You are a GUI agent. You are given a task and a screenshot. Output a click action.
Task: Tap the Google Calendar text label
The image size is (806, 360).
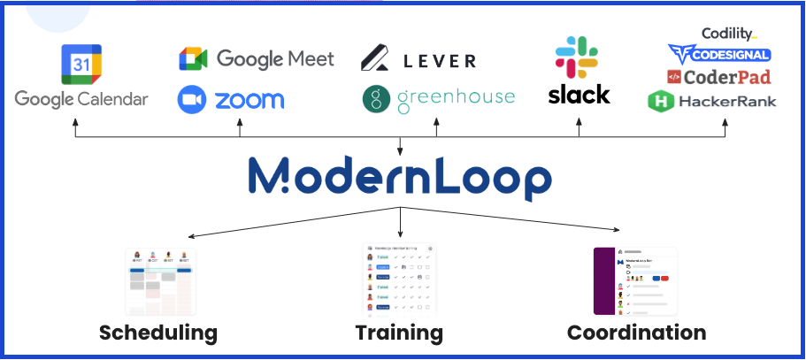[81, 98]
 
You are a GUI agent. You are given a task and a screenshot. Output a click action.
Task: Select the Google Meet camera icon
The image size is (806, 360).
[193, 59]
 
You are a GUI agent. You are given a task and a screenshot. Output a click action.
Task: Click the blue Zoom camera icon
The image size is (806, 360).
[191, 98]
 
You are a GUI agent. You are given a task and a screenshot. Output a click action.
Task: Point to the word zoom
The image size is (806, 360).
[249, 99]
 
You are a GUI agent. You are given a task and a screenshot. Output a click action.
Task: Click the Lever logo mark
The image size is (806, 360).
[377, 59]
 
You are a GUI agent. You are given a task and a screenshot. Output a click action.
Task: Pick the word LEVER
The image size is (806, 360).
[439, 60]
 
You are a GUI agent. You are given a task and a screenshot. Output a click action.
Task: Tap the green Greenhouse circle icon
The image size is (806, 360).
[377, 99]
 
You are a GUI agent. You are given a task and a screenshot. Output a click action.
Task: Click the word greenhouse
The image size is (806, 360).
[456, 97]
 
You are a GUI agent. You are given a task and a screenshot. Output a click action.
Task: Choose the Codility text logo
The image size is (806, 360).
[728, 34]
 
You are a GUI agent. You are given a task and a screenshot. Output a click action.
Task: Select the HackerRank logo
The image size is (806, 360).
[712, 101]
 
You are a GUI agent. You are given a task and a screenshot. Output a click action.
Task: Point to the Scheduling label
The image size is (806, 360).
[158, 333]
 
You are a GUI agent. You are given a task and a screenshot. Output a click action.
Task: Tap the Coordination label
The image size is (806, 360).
[636, 333]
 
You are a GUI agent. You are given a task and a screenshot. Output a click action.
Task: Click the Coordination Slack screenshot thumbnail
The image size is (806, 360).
[634, 280]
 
